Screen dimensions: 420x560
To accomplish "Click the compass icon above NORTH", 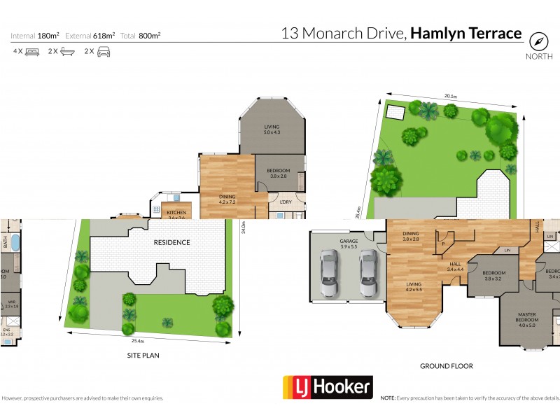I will (537, 40).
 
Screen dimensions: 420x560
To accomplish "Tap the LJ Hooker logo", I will (327, 387).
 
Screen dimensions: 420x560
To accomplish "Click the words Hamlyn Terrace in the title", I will (466, 33).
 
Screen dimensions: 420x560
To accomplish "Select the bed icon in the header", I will (31, 52).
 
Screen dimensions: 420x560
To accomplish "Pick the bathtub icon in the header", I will (67, 52).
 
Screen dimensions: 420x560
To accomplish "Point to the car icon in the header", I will (103, 52).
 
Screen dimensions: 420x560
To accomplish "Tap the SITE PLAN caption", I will (143, 356).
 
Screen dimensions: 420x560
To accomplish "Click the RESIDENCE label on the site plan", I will (172, 242).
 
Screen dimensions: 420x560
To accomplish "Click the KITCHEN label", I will (176, 215).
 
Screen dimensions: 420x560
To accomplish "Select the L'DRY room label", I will (285, 202).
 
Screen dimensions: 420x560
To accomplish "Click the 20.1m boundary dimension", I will (450, 97).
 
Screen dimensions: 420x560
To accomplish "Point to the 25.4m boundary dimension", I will (137, 341).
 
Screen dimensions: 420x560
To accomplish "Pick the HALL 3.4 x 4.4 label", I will (456, 267).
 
